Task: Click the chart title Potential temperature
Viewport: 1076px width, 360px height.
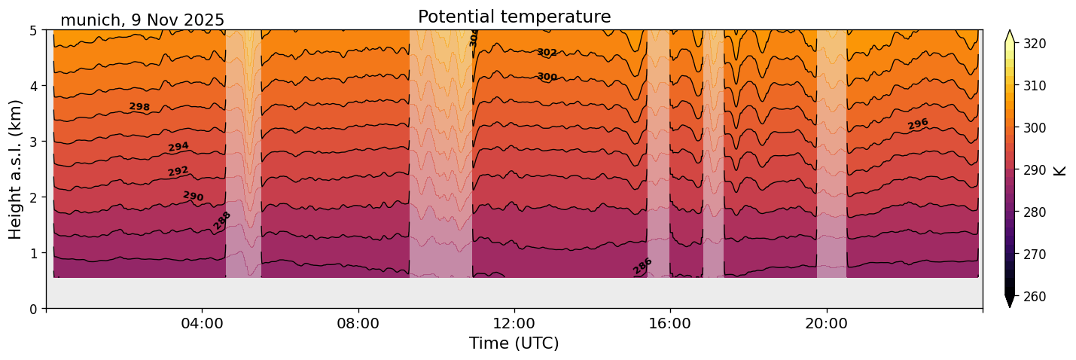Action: pos(514,17)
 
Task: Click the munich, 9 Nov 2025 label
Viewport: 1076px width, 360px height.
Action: pos(142,20)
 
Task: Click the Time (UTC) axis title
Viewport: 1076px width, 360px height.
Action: pos(514,343)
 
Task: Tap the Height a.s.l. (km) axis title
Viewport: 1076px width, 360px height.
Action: pos(16,169)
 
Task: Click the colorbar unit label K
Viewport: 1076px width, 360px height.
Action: pos(1060,170)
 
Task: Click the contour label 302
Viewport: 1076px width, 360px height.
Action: pos(547,53)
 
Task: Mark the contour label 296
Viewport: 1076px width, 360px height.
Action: pos(918,124)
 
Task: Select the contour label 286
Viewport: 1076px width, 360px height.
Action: pos(642,266)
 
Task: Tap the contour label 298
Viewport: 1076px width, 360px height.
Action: pos(139,107)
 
